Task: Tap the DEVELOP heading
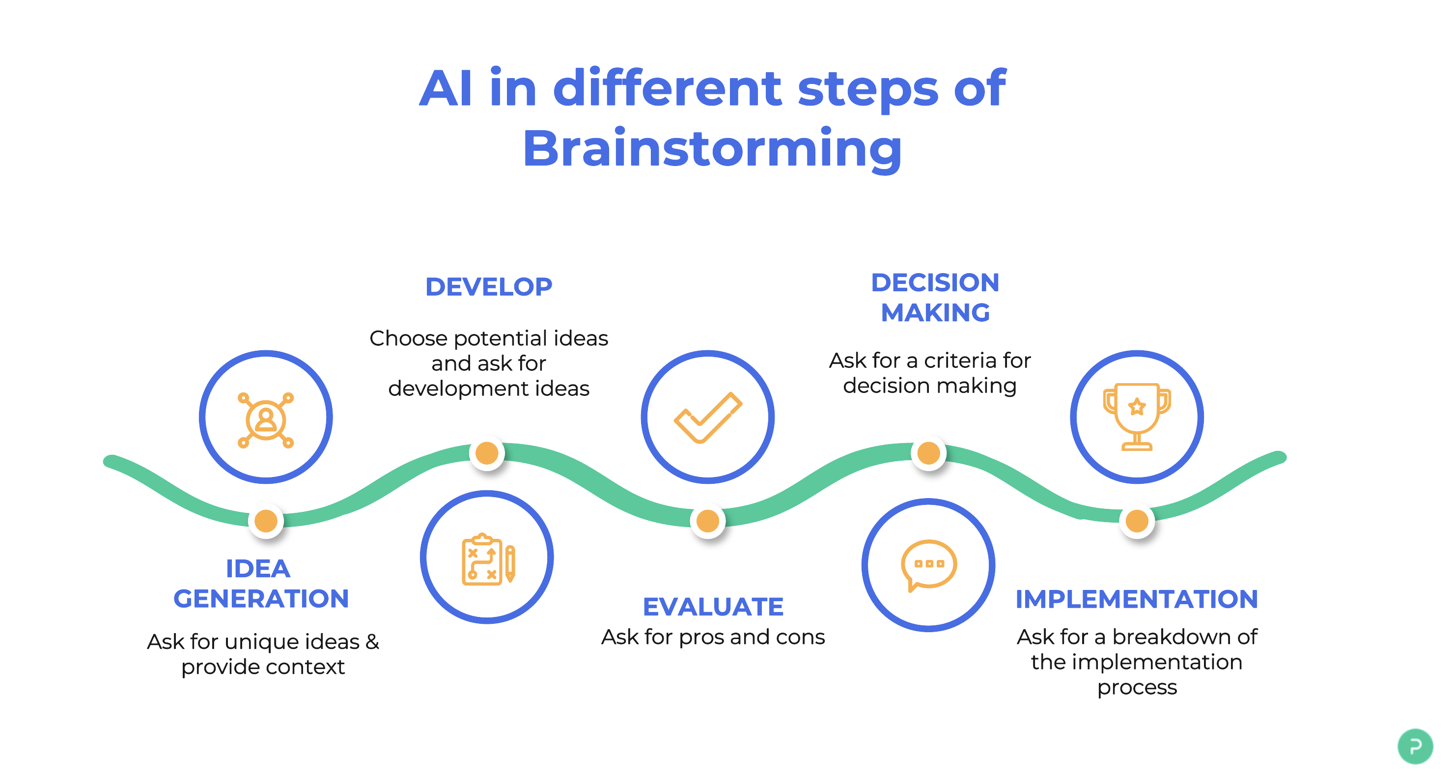(488, 287)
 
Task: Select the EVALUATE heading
(713, 607)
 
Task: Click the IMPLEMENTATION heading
(1137, 599)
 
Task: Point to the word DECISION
(935, 282)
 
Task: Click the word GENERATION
(261, 599)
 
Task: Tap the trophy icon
(1137, 417)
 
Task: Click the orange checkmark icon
(707, 418)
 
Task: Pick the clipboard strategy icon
(487, 559)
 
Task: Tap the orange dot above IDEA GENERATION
(266, 520)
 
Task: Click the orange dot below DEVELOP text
(487, 452)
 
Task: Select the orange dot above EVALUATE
(707, 520)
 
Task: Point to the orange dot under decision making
(928, 452)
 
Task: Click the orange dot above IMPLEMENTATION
(1137, 520)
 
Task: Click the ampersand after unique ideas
(372, 642)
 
